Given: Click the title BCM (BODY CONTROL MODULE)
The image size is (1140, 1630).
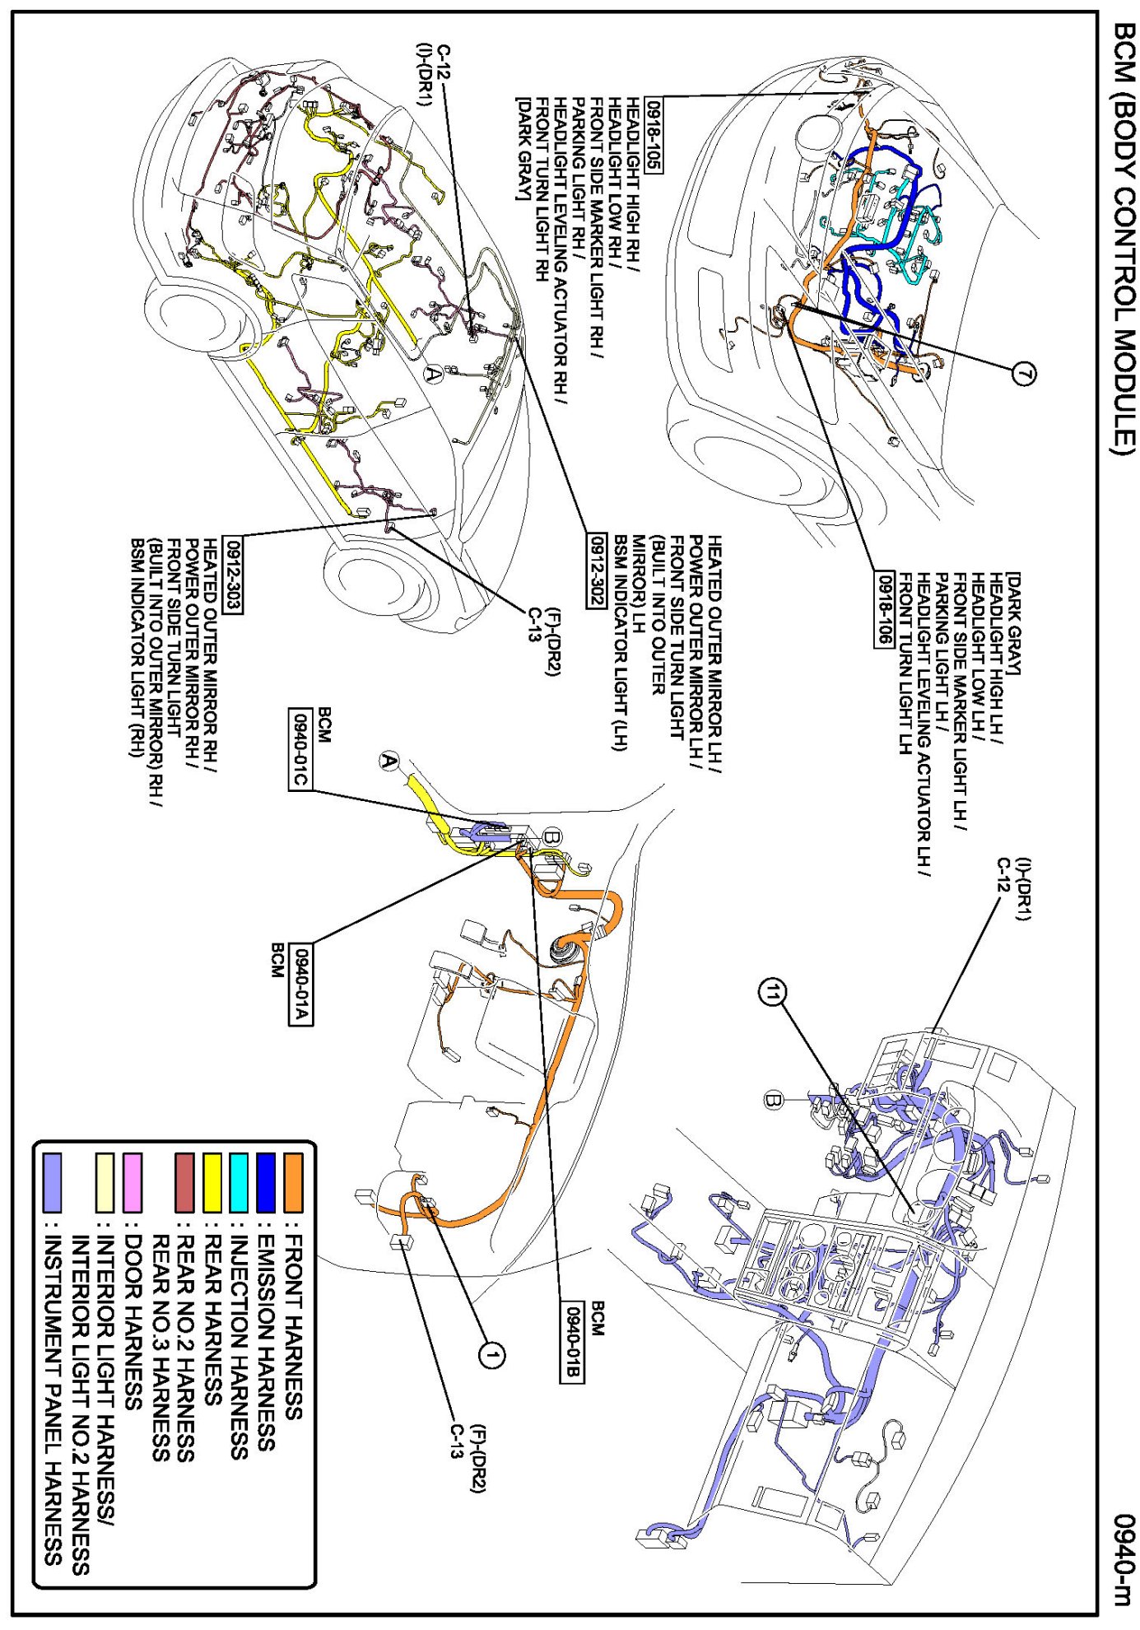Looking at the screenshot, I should pos(1124,239).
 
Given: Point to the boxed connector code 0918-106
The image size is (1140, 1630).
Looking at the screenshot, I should pos(884,610).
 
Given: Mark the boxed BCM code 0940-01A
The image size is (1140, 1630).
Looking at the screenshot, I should pos(300,985).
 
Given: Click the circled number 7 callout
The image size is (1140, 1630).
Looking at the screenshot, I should pos(1023,375).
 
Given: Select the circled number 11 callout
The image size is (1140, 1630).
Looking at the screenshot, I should pos(772,994).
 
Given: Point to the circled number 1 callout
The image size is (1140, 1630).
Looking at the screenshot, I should pos(491,1354).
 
